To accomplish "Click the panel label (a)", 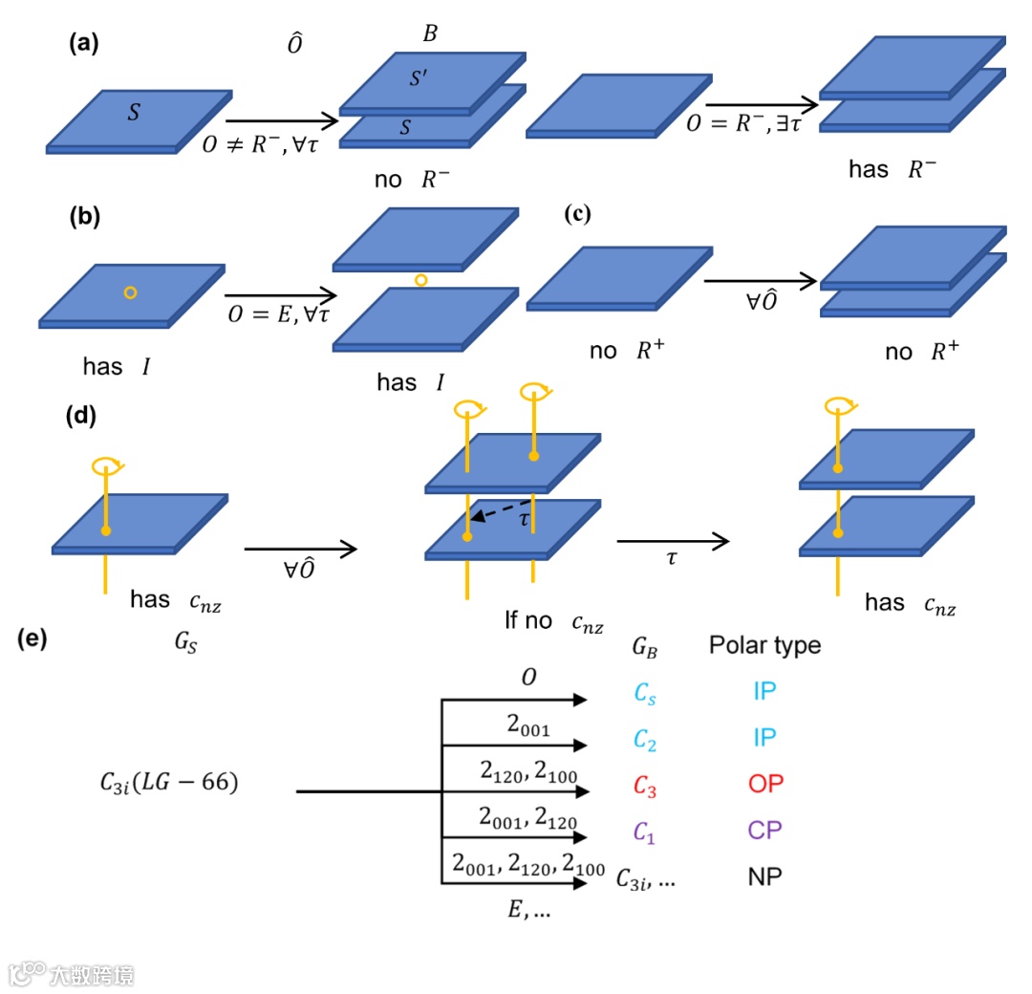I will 84,44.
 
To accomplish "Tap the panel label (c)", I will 578,214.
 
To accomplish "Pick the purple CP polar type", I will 764,830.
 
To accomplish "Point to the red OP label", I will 764,784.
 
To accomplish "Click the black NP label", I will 764,875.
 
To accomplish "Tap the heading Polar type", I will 764,646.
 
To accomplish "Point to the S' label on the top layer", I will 419,79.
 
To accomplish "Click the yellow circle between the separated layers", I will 420,280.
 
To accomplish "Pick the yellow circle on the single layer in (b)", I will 131,292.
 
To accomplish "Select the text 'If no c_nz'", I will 553,621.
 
